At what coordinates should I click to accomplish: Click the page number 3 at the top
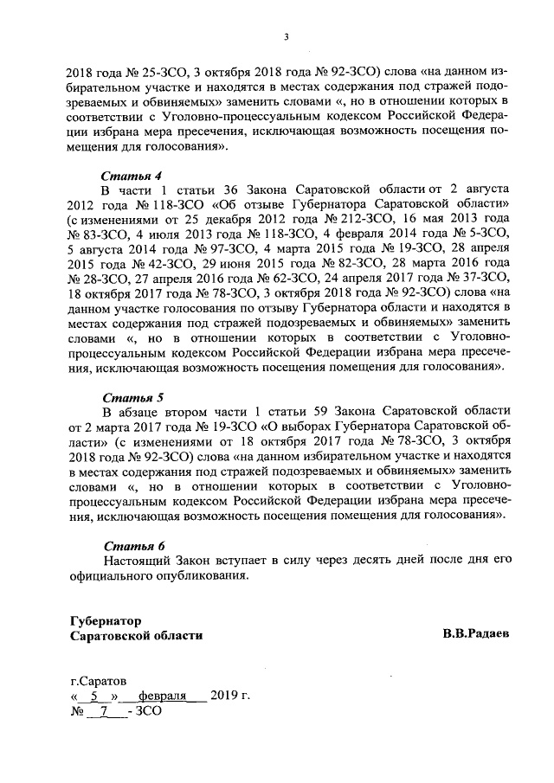(x=286, y=36)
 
